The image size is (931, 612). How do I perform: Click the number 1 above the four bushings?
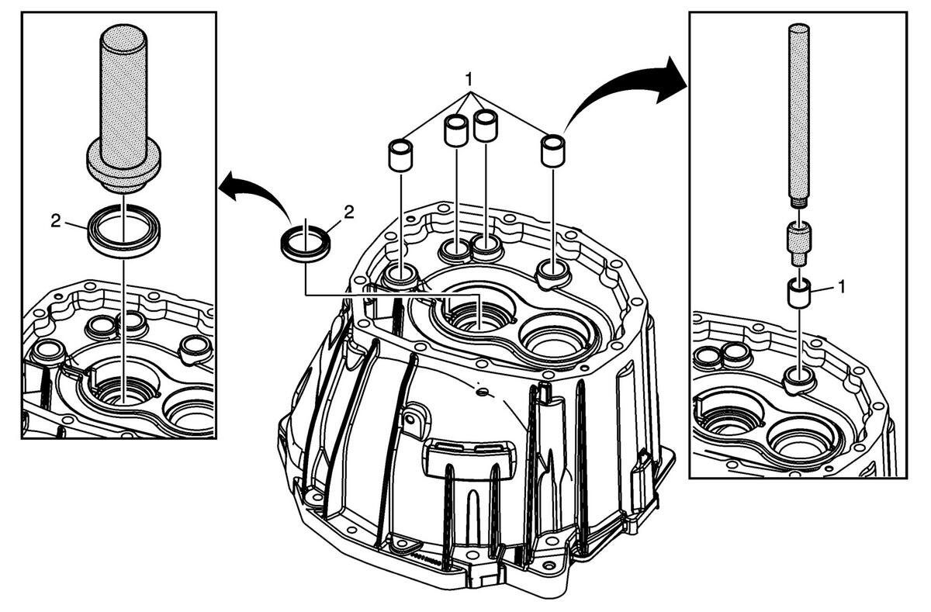[x=469, y=79]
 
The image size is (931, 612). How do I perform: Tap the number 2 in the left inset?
[x=56, y=221]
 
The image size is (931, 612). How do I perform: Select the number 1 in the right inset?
[x=842, y=287]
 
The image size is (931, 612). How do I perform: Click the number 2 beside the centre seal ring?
[x=350, y=213]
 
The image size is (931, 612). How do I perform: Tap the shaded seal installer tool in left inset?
[x=123, y=108]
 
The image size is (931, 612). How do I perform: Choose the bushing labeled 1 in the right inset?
[x=799, y=294]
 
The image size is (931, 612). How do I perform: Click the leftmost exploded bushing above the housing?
[x=400, y=155]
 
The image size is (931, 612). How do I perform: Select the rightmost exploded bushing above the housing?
[x=552, y=150]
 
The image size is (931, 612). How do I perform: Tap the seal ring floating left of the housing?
[x=306, y=244]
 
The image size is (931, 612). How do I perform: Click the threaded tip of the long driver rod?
[x=799, y=202]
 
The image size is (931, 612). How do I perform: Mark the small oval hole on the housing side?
[x=482, y=392]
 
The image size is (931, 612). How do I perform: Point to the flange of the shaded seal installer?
[x=123, y=166]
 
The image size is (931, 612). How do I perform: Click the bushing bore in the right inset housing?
[x=799, y=380]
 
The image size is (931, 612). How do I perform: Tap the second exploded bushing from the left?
[x=456, y=130]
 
